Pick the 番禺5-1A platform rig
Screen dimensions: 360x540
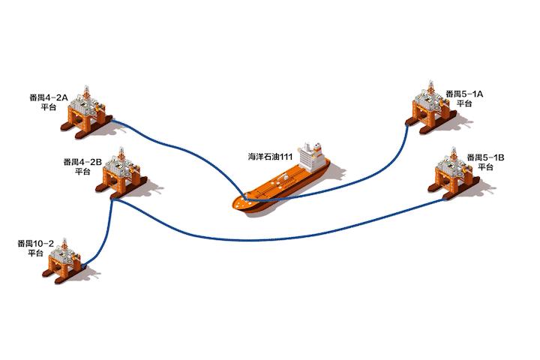(428, 110)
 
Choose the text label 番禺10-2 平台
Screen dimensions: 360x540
(36, 248)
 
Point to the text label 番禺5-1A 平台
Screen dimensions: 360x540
(464, 98)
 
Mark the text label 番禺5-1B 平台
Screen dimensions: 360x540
(485, 162)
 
